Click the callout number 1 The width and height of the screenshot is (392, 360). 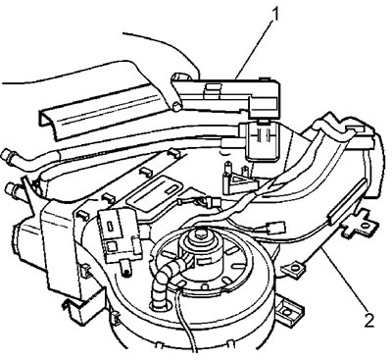click(275, 15)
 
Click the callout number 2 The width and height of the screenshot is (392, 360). click(368, 319)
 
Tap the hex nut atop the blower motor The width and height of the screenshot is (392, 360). click(199, 233)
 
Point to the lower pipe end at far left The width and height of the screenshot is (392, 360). click(13, 189)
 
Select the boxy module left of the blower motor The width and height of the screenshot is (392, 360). click(119, 233)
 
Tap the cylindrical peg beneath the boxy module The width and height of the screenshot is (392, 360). click(125, 268)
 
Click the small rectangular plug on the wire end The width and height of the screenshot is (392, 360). click(273, 229)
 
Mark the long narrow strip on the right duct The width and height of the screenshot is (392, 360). click(346, 203)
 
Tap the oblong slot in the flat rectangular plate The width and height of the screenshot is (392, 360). click(171, 189)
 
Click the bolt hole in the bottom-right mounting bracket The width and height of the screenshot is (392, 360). click(286, 312)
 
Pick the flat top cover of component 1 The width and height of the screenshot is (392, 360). click(225, 85)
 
